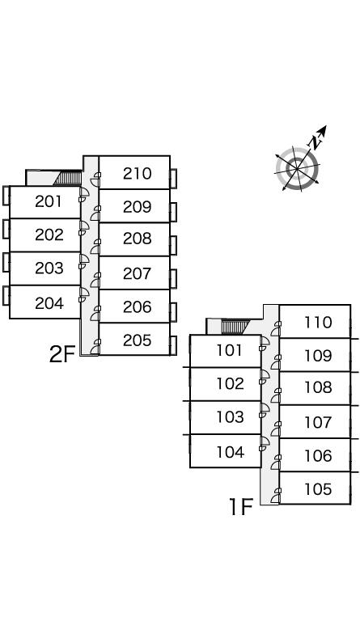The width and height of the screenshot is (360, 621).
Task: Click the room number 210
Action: pyautogui.click(x=137, y=174)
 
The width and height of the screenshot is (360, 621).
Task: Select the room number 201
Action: pyautogui.click(x=49, y=201)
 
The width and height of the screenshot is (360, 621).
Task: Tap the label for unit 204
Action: pyautogui.click(x=49, y=303)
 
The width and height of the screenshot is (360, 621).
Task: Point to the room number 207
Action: pyautogui.click(x=137, y=273)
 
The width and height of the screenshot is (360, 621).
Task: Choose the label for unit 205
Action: pyautogui.click(x=137, y=340)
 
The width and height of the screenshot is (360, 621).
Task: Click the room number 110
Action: pyautogui.click(x=318, y=323)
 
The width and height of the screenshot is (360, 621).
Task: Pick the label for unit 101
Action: pyautogui.click(x=230, y=350)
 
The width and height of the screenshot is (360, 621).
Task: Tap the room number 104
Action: pyautogui.click(x=230, y=452)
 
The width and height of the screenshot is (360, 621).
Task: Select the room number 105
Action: pyautogui.click(x=318, y=489)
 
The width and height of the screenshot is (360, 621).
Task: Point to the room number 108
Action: pyautogui.click(x=318, y=387)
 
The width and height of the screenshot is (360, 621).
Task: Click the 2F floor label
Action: pyautogui.click(x=62, y=354)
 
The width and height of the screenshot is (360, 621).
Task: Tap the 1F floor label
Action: pyautogui.click(x=241, y=506)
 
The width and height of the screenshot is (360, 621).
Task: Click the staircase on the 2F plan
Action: pyautogui.click(x=67, y=178)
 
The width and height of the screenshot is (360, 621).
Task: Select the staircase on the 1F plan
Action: pyautogui.click(x=235, y=327)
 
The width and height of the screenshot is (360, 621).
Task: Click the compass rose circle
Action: pyautogui.click(x=297, y=169)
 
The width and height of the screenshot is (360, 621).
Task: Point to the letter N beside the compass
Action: pyautogui.click(x=315, y=142)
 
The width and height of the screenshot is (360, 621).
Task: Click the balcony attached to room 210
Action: pyautogui.click(x=173, y=178)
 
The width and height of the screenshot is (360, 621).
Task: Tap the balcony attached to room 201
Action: pyautogui.click(x=6, y=196)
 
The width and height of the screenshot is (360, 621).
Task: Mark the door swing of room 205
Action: pyautogui.click(x=95, y=348)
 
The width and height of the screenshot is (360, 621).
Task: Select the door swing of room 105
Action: pyautogui.click(x=276, y=496)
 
